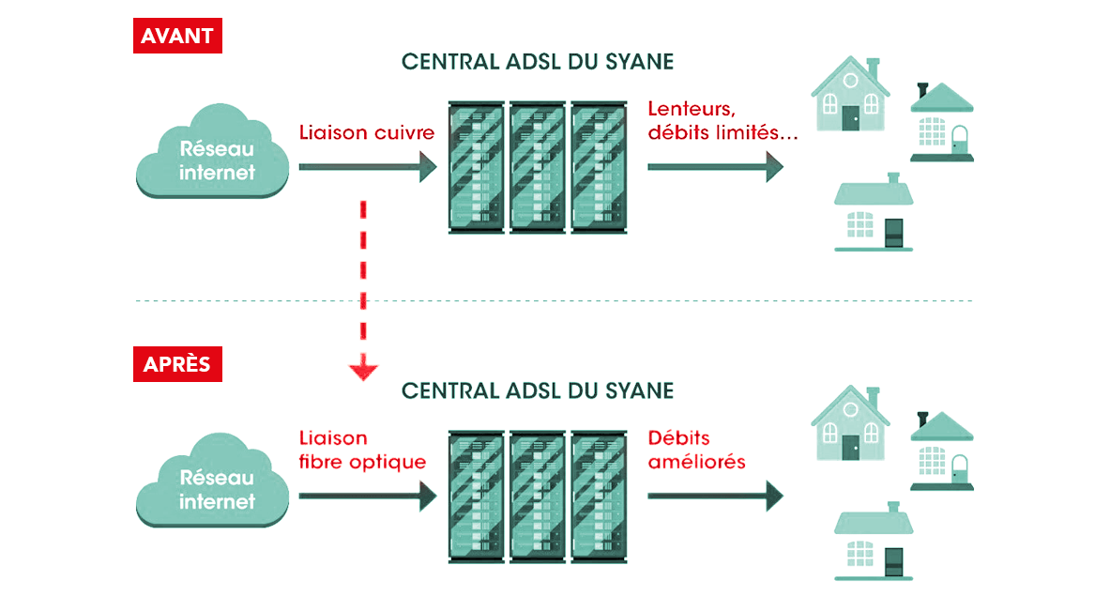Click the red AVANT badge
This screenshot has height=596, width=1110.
[x=177, y=37]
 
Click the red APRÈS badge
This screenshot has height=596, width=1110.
[x=177, y=365]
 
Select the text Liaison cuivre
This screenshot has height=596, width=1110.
[x=367, y=132]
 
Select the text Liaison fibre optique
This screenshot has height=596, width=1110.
[x=362, y=451]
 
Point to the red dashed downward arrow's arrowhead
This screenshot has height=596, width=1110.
[x=363, y=371]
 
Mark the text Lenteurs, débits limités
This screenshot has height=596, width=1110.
[x=722, y=121]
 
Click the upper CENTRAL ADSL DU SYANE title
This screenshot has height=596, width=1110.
[x=538, y=62]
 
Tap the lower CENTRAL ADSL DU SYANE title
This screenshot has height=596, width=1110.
[x=538, y=390]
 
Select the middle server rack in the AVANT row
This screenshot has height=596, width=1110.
[x=538, y=168]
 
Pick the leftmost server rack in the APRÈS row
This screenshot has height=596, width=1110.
[x=478, y=497]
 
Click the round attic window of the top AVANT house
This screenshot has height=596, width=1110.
[x=850, y=80]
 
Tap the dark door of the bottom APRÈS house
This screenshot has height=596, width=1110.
[x=894, y=560]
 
